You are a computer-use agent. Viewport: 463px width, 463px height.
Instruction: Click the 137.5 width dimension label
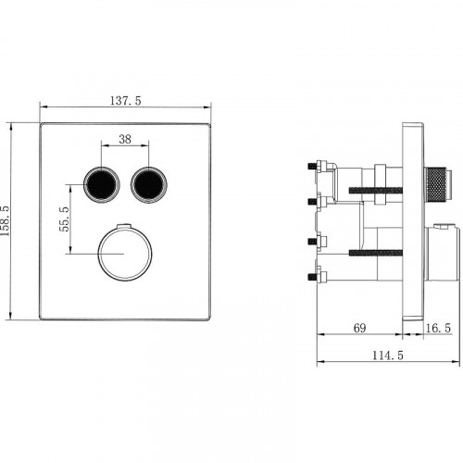pos(126,101)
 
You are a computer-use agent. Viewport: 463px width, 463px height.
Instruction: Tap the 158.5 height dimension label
pos(6,220)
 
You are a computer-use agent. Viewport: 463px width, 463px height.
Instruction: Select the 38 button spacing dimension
pos(125,139)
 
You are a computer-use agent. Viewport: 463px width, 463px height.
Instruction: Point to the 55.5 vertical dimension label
pos(64,219)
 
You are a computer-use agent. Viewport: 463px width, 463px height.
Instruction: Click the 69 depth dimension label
pos(359,328)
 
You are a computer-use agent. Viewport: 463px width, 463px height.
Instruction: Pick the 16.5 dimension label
pos(438,328)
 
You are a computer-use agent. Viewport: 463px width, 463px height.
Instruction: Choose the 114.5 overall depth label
pos(388,356)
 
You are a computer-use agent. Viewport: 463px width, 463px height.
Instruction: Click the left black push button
pos(101,184)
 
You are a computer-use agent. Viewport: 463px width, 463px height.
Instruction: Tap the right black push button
pos(149,184)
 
